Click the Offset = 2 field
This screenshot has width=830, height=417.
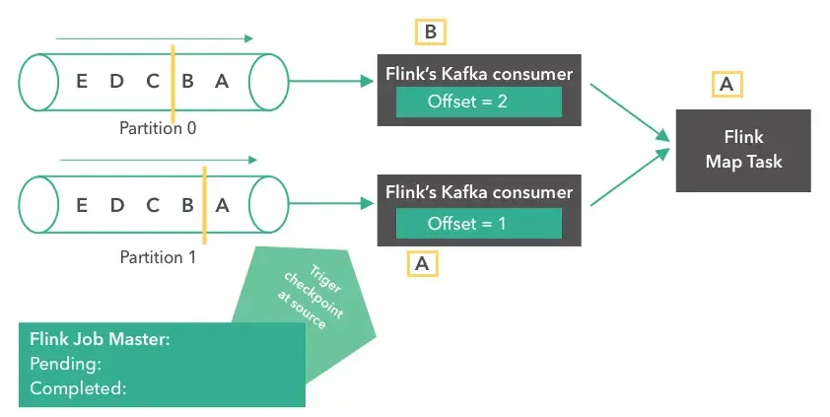(478, 103)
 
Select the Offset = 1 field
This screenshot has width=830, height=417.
(478, 224)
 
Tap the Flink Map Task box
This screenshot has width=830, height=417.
(742, 150)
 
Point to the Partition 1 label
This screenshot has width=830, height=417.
(158, 257)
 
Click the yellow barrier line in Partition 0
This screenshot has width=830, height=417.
(173, 84)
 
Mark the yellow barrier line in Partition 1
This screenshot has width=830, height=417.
(203, 205)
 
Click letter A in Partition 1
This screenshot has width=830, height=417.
(222, 205)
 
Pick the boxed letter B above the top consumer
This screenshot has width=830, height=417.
(430, 33)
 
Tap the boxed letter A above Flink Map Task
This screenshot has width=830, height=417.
(726, 85)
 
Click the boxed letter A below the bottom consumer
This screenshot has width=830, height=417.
(423, 263)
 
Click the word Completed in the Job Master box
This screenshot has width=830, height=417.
(78, 388)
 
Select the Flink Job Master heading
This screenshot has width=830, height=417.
(101, 339)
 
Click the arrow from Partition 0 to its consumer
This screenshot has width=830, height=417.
(329, 82)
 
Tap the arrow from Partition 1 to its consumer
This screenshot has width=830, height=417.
(329, 203)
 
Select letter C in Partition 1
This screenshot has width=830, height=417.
(153, 205)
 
